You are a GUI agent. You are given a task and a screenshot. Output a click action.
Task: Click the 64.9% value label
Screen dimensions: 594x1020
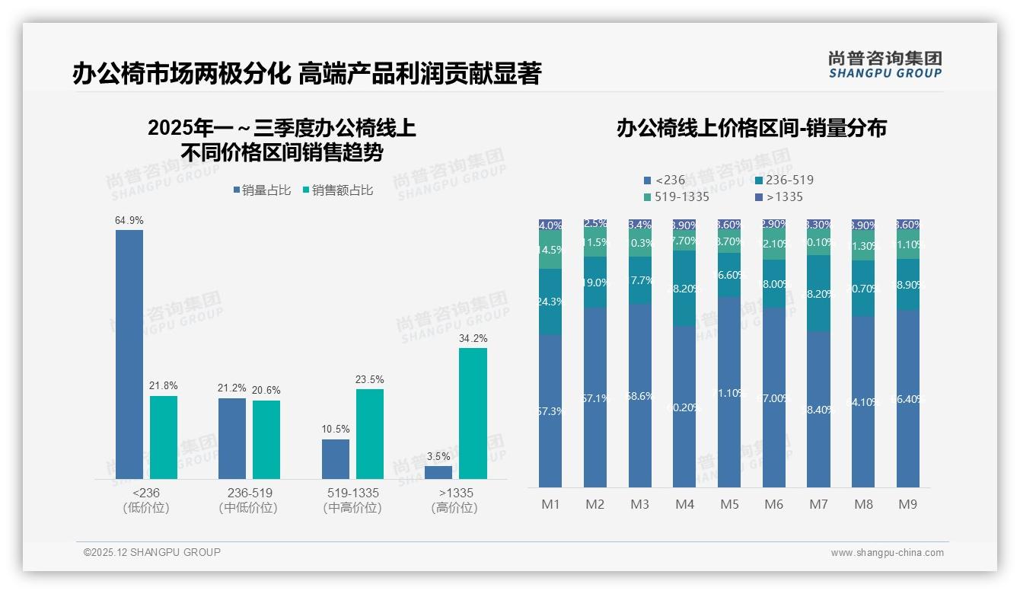[129, 221]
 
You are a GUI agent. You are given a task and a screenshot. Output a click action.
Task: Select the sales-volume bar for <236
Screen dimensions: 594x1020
[129, 354]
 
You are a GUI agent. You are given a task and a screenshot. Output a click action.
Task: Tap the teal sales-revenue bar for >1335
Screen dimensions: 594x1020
[473, 414]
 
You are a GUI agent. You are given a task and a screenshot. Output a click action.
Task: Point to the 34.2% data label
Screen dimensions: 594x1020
[473, 338]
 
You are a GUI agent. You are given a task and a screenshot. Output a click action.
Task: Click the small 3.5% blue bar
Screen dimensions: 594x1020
[438, 472]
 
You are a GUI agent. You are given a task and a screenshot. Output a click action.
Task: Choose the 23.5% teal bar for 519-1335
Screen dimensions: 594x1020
[370, 434]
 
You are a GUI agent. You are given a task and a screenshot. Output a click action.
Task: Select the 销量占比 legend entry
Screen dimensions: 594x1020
[262, 190]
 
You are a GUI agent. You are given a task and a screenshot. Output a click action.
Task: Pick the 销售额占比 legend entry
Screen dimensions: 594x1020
[338, 190]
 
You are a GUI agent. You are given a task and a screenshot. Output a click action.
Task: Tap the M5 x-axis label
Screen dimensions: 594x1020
[729, 504]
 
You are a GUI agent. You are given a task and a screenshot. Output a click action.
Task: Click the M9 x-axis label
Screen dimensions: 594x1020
[907, 504]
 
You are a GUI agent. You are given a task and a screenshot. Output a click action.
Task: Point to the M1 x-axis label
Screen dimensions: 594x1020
[550, 504]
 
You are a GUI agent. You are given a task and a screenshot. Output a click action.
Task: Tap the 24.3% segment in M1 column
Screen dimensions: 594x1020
[550, 302]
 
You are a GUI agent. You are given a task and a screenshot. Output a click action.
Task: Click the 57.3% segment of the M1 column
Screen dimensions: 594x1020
[550, 411]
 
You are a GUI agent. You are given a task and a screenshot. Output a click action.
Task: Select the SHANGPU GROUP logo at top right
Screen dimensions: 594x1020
[885, 65]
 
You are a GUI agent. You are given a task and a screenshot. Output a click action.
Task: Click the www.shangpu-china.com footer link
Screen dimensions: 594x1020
[887, 553]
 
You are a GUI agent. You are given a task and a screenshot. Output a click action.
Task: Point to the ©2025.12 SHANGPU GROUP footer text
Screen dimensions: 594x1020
[152, 552]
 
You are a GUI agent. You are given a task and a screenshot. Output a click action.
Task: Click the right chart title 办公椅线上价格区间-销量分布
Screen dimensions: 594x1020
[751, 129]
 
